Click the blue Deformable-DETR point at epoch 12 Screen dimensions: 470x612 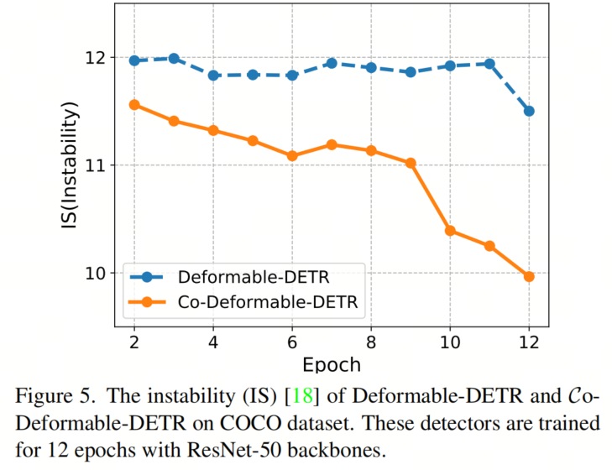529,111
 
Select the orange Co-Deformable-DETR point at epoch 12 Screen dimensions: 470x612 529,276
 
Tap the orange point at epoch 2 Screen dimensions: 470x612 134,104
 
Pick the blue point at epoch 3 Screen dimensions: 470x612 174,58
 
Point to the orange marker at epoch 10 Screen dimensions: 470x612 450,230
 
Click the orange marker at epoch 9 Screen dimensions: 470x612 411,163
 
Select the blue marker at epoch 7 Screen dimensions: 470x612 332,63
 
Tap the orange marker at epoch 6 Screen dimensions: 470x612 292,155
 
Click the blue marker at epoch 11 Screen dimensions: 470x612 489,64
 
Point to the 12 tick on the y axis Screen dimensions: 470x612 97,58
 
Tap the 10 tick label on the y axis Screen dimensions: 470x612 97,274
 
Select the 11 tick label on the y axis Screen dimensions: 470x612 97,165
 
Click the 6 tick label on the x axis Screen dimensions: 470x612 292,344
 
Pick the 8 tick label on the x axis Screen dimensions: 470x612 371,344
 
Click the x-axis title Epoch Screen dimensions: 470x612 332,365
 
